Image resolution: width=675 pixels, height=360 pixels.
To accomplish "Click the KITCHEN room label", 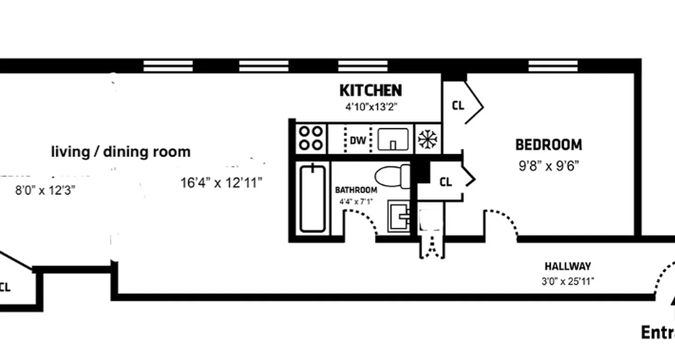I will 370,90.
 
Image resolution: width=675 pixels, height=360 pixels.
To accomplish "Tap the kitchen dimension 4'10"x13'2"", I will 371,108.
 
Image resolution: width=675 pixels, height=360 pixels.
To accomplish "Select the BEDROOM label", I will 549,145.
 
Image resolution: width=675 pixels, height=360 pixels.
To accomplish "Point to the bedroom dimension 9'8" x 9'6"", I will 549,166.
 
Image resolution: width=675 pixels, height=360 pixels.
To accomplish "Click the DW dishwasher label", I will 358,140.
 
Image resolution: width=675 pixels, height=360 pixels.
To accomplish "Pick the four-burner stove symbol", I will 311,138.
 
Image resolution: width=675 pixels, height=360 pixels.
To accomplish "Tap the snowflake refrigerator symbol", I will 427,139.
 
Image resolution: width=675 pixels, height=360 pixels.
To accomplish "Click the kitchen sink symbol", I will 393,139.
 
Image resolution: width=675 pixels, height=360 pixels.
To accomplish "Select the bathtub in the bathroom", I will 312,198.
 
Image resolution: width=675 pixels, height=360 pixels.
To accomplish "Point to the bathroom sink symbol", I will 399,216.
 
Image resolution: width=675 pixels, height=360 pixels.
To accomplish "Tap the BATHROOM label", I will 356,190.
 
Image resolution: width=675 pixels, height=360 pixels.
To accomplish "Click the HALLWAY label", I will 567,266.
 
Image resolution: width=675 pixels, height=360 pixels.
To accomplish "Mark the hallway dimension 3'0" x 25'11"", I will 567,282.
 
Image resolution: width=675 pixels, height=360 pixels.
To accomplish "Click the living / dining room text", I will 121,152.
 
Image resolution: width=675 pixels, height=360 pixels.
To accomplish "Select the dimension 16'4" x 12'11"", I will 221,183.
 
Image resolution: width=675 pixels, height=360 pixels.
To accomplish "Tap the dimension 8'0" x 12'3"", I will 45,190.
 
